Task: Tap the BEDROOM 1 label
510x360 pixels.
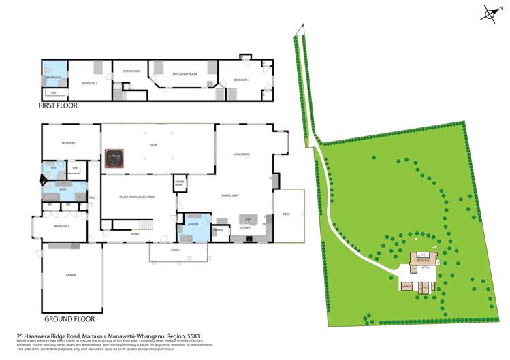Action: [x=69, y=142]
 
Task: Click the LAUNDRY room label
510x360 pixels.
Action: [x=191, y=223]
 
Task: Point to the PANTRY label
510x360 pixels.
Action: [x=219, y=230]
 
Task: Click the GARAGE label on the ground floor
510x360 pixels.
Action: [x=71, y=275]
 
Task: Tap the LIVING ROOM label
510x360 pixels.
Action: [x=242, y=154]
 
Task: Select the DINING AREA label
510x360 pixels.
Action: [x=229, y=195]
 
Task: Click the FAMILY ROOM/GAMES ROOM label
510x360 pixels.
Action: [x=138, y=197]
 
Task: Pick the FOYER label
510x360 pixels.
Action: [x=136, y=233]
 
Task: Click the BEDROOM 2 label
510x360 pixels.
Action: [x=62, y=225]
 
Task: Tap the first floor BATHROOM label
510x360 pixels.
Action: [x=53, y=78]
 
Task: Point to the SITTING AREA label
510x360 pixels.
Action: [x=131, y=71]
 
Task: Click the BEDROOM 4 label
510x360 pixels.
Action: [x=242, y=80]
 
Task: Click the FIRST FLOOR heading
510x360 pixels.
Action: [x=58, y=105]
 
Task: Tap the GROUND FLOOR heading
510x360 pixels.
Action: [x=69, y=318]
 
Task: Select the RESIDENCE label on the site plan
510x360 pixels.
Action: [x=422, y=261]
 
